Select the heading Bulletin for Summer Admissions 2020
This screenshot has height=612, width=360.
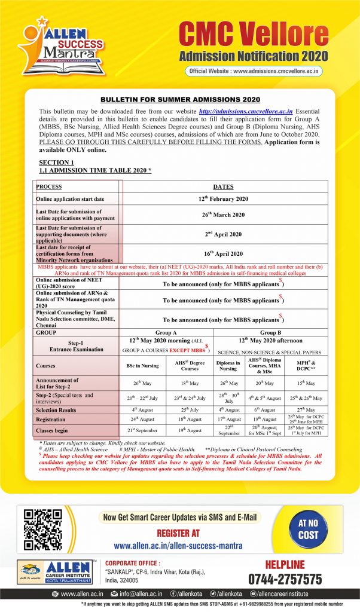(179, 99)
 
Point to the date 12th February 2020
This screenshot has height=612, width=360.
(224, 199)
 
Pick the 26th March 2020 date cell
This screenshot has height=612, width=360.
(224, 215)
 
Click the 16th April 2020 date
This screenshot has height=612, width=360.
(224, 253)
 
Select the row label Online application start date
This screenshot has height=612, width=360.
(71, 199)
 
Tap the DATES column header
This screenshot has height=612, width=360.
(224, 186)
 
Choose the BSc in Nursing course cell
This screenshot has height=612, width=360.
(142, 366)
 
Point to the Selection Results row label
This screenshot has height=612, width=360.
(60, 411)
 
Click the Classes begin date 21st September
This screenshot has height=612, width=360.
(142, 430)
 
